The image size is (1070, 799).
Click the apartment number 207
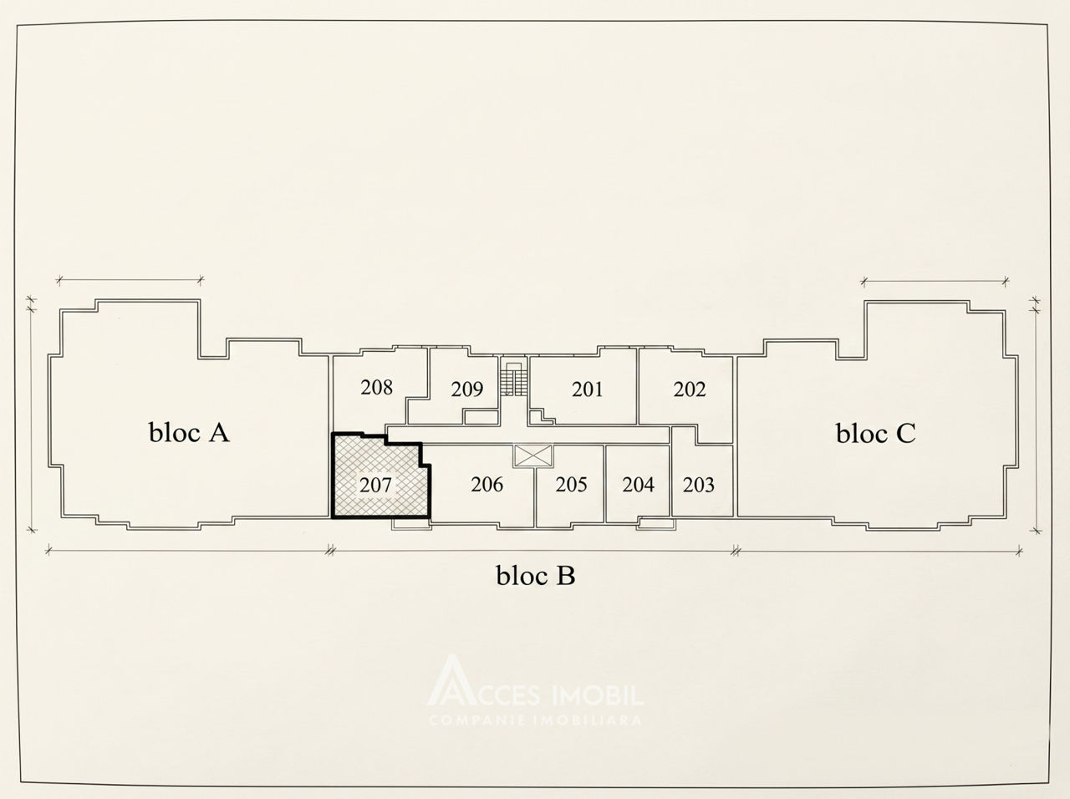375,486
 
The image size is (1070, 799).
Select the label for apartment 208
376,388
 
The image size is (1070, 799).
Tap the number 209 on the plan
467,389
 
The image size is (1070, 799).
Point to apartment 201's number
587,389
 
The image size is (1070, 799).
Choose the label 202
690,389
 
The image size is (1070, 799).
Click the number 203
699,485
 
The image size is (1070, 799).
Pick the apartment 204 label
638,485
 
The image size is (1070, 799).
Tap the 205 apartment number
571,485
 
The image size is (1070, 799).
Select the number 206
487,485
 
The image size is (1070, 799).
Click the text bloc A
189,433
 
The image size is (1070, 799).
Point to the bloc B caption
536,575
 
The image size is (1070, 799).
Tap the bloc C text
875,433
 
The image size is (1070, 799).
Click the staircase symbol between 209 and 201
513,379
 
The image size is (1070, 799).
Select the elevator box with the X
533,456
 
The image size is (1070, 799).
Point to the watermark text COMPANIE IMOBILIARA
535,720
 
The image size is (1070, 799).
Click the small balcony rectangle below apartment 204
656,524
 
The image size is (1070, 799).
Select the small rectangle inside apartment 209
481,417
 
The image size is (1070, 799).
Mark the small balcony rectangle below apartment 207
411,524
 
